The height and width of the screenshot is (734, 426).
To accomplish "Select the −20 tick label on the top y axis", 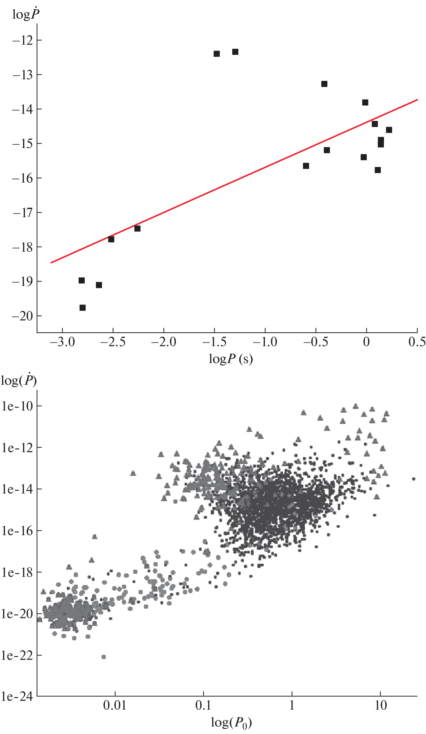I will point(22,316).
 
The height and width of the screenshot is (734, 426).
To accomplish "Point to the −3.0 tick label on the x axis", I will point(62,342).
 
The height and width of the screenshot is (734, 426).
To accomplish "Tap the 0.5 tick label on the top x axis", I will point(417,342).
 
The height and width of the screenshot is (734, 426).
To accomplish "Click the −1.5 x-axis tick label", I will point(215,342).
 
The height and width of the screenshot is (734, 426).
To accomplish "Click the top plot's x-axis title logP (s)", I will point(231,359).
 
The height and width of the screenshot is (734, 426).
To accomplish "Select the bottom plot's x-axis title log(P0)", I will point(231,723).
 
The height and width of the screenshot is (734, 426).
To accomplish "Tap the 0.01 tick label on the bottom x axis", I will point(115,705).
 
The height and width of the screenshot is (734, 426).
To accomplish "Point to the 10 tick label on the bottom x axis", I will point(381,705).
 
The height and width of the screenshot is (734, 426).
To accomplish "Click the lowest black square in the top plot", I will point(82,308).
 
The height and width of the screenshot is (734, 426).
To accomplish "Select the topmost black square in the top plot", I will point(235,52).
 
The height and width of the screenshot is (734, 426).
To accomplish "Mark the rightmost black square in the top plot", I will point(389,130).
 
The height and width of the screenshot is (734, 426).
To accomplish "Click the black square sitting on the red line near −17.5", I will point(137,229).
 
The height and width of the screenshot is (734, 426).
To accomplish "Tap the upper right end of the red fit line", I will point(417,100).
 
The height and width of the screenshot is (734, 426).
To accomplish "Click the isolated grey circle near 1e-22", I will point(104,657).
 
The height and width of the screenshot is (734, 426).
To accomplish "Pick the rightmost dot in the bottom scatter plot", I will point(413,479).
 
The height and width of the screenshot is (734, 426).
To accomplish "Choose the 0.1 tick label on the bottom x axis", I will point(203,705).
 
